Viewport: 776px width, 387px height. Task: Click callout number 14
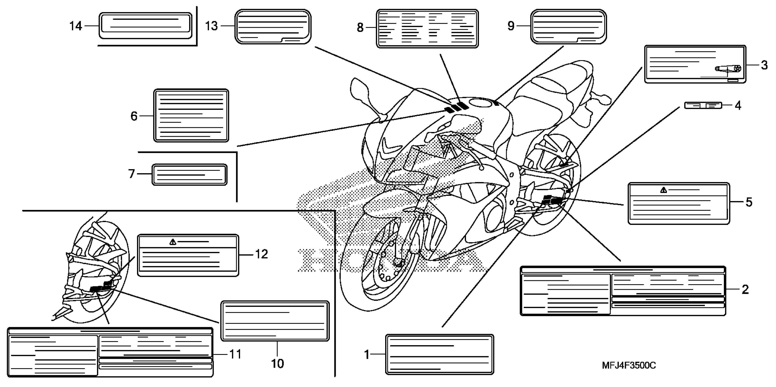tap(76, 26)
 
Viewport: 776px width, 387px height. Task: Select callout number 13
tap(211, 26)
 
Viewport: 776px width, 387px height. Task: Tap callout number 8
tap(360, 28)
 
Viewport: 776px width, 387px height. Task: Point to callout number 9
tap(511, 26)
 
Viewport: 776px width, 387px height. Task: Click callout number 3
tap(764, 65)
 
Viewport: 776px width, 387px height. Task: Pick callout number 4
tap(738, 105)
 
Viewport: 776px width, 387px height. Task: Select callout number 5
tap(749, 202)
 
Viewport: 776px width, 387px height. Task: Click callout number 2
tap(745, 289)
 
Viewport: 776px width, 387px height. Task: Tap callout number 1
tap(367, 354)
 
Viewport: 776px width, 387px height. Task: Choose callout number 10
tap(277, 364)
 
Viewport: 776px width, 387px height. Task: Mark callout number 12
tap(261, 255)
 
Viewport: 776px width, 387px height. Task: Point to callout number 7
tap(131, 174)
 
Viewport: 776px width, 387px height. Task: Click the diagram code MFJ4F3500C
tap(629, 366)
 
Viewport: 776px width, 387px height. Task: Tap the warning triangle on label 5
tap(663, 190)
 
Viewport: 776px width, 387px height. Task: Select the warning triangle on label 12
tap(173, 242)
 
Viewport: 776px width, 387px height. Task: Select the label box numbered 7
tap(190, 175)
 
